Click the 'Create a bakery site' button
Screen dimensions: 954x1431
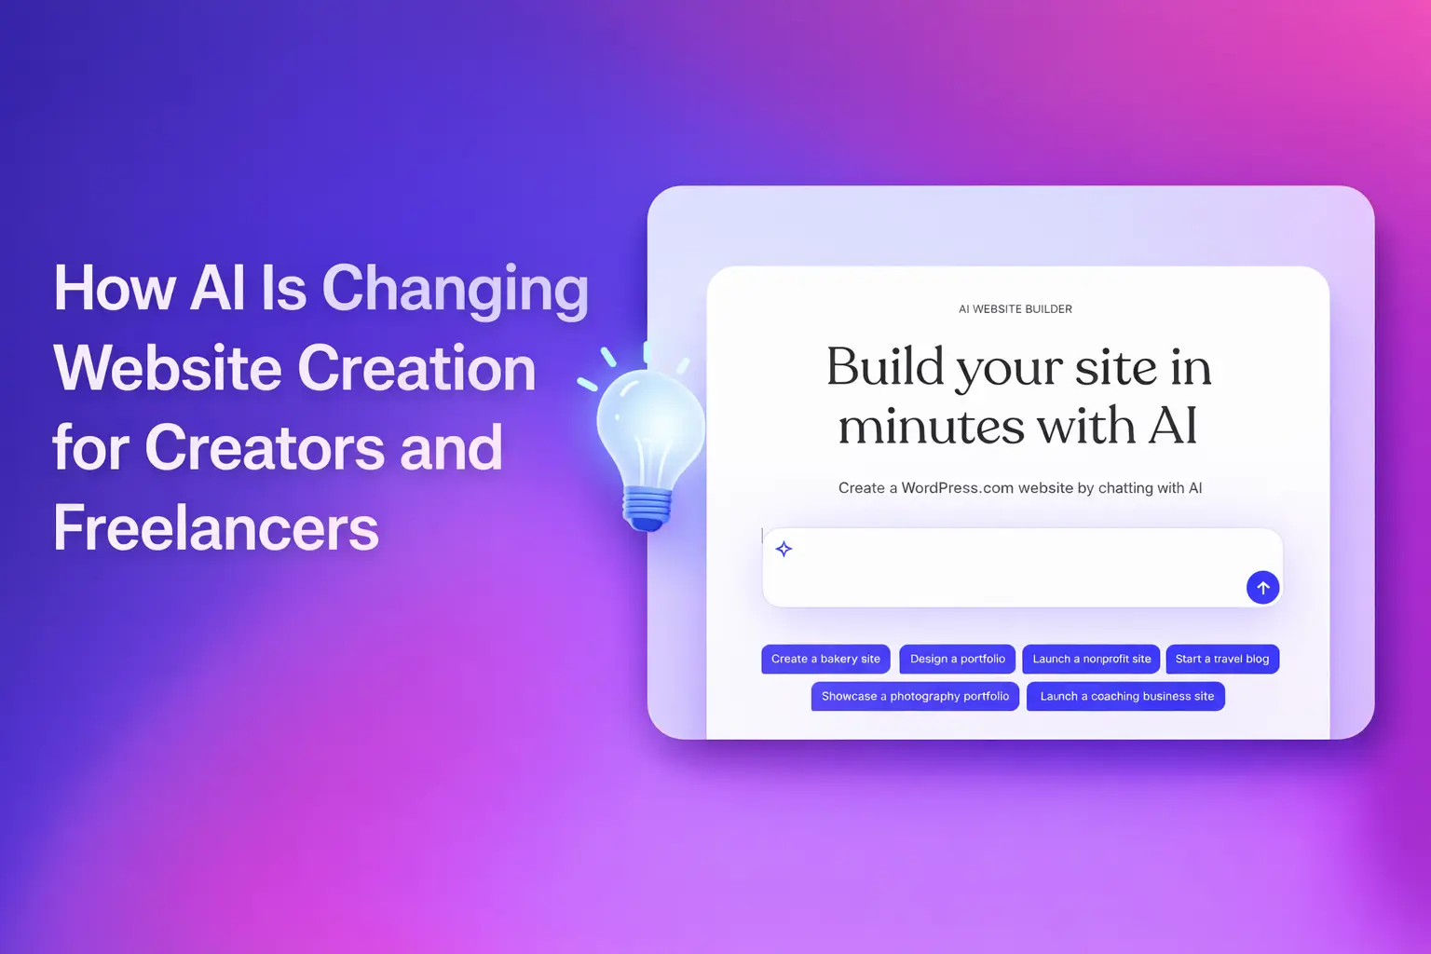point(825,659)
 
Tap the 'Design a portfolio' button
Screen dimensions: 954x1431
point(957,659)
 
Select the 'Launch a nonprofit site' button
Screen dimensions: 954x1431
point(1091,659)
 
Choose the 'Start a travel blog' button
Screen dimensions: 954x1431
point(1221,659)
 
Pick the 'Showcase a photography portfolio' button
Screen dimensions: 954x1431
point(915,696)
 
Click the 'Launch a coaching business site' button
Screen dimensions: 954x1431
point(1125,696)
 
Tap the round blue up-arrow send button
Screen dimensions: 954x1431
point(1262,588)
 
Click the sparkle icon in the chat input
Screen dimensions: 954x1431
point(784,549)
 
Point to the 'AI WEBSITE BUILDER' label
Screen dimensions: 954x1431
point(1015,309)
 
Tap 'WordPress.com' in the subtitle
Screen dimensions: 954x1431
point(957,488)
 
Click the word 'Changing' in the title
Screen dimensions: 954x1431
point(455,289)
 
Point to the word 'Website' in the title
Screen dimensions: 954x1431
point(168,369)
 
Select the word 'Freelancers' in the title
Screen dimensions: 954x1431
point(216,528)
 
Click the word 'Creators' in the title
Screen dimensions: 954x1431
point(264,448)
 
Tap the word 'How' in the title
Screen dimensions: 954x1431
point(114,288)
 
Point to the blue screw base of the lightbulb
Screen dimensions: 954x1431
point(647,508)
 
